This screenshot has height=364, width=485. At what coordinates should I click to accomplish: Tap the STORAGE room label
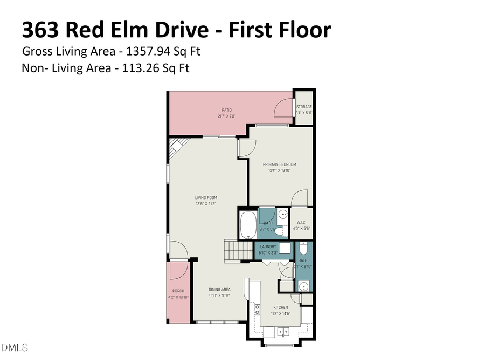[x=304, y=107]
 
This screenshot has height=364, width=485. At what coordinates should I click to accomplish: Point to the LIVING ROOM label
[x=206, y=197]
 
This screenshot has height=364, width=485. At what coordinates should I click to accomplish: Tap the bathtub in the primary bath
[x=248, y=225]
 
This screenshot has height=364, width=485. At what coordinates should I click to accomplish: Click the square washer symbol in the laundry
[x=285, y=249]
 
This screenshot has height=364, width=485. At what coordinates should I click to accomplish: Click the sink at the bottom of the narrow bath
[x=303, y=286]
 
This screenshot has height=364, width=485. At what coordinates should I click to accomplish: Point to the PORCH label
[x=178, y=291]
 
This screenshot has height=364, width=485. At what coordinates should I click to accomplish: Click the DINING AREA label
[x=220, y=290]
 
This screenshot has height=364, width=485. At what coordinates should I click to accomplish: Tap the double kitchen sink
[x=283, y=332]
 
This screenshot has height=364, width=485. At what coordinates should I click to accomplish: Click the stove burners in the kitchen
[x=257, y=310]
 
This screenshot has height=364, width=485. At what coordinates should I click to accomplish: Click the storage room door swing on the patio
[x=283, y=109]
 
